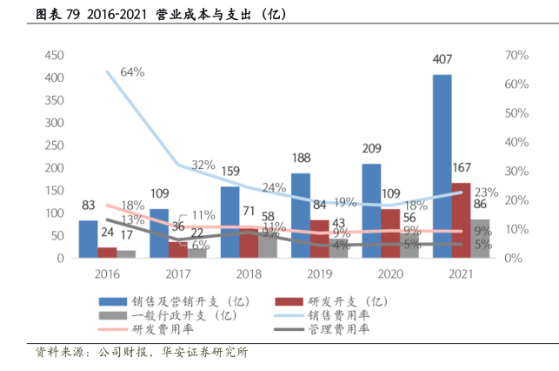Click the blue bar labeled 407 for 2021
point(442,165)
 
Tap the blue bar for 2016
point(88,239)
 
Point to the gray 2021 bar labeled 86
point(481,239)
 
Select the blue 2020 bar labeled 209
point(371,211)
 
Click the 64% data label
point(132,71)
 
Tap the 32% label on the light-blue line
point(203,165)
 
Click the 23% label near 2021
point(486,192)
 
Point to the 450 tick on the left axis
point(54,55)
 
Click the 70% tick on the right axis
point(516,55)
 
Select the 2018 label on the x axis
point(249,273)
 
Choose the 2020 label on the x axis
point(390,273)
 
